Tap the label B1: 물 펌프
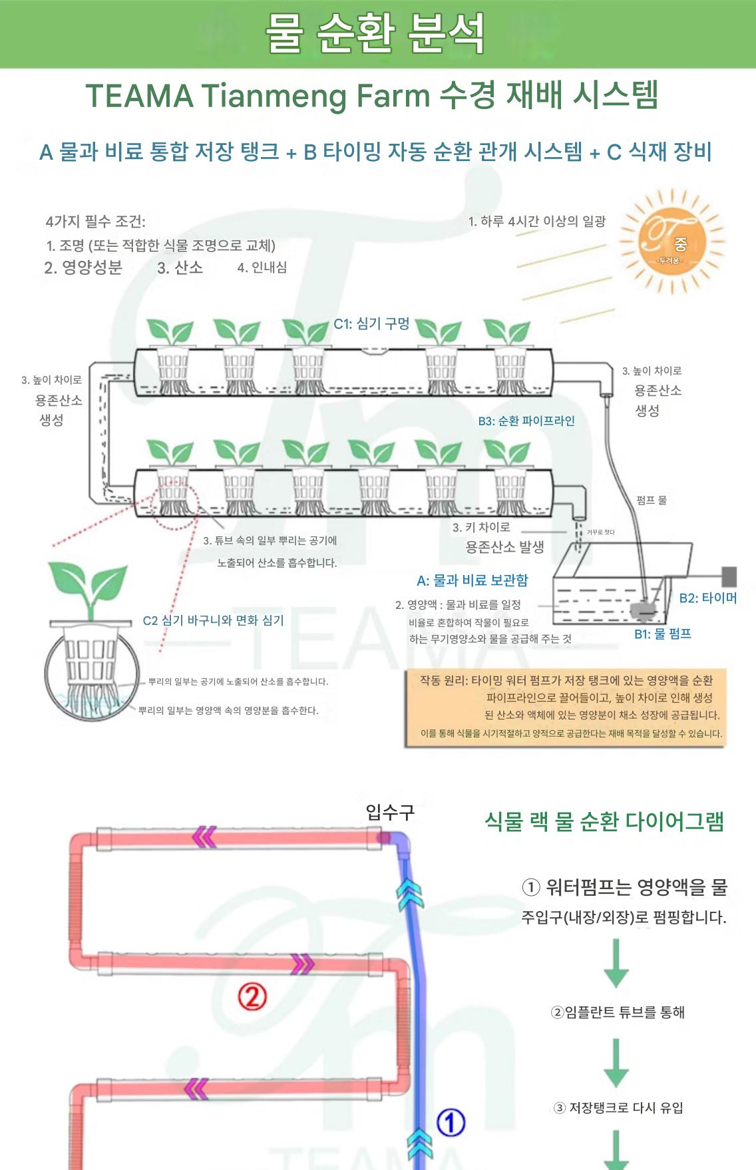(x=662, y=634)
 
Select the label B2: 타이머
(x=707, y=598)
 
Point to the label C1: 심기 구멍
(x=371, y=323)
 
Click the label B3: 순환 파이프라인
(x=526, y=421)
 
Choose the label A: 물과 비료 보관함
(x=472, y=580)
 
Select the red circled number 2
(x=252, y=996)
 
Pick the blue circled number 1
(x=450, y=1123)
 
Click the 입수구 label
(x=390, y=811)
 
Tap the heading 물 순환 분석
(x=376, y=33)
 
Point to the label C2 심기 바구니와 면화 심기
(x=213, y=620)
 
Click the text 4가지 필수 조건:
(x=95, y=222)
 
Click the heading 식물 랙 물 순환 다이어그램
(x=604, y=821)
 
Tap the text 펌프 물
(x=651, y=500)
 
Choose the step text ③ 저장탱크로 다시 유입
(x=618, y=1107)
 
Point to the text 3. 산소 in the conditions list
(x=180, y=268)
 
